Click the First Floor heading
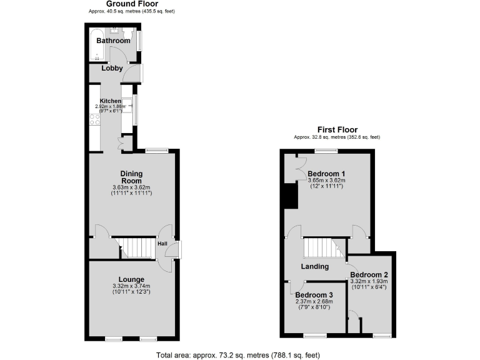(x=337, y=129)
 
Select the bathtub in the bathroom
(x=98, y=43)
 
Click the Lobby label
(x=112, y=69)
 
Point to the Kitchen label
(x=111, y=101)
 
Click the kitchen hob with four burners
(x=96, y=119)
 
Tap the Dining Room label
(x=132, y=177)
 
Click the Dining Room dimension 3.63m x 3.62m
(x=132, y=187)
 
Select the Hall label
(x=162, y=244)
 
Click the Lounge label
(x=132, y=279)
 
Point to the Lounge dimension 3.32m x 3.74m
(x=132, y=286)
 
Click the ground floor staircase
(x=137, y=247)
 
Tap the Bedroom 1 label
(x=326, y=173)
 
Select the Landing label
(x=315, y=267)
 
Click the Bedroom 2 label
(x=369, y=274)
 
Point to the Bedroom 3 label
(x=314, y=295)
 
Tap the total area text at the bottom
(x=239, y=355)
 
